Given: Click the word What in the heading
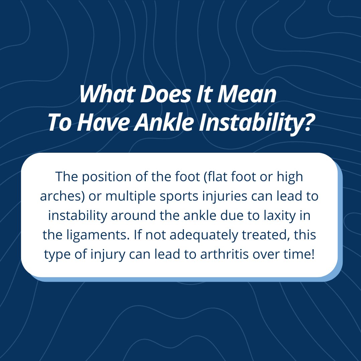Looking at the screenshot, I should click(105, 95).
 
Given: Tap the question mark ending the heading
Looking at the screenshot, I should click(307, 124).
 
